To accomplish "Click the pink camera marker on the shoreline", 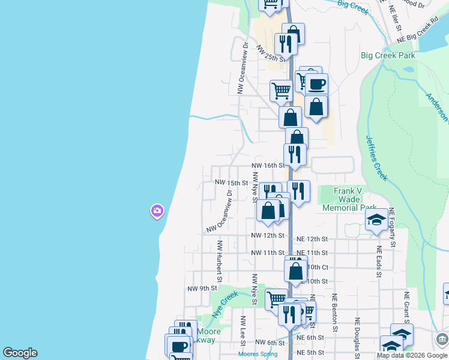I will click(157, 211).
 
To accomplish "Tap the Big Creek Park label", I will click(388, 55).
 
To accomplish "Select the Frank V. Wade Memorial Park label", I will click(349, 199).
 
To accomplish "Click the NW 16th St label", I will click(267, 165).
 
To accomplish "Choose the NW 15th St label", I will click(232, 182).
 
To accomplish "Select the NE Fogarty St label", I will click(392, 227).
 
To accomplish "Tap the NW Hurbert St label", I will click(220, 261).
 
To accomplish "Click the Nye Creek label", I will click(225, 304).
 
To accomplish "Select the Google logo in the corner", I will click(20, 353).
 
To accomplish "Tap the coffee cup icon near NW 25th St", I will click(317, 83).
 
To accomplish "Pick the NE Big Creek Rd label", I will click(419, 34).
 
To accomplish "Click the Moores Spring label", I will click(258, 354).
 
